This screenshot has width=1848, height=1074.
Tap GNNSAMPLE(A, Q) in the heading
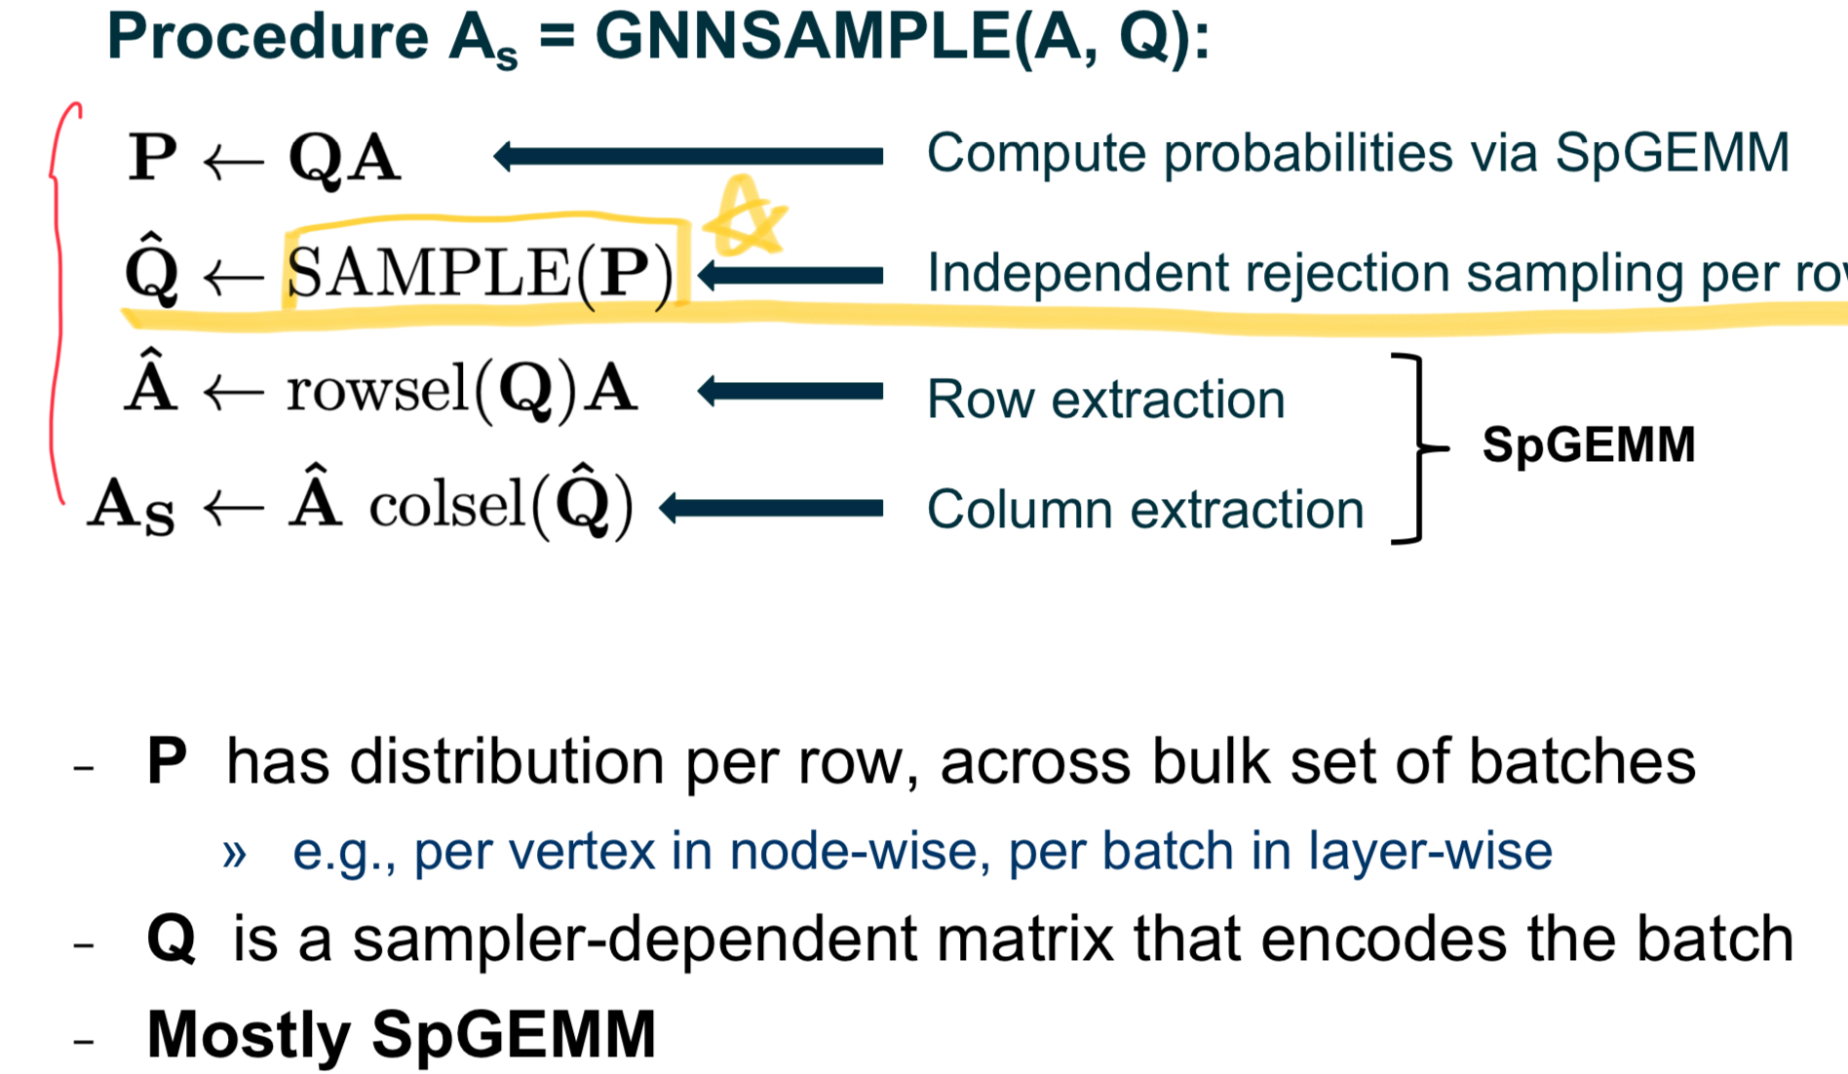pyautogui.click(x=902, y=37)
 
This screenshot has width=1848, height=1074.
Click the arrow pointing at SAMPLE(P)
pyautogui.click(x=790, y=276)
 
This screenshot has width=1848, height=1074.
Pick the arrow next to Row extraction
pyautogui.click(x=790, y=392)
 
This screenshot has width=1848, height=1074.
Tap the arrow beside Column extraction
pyautogui.click(x=771, y=508)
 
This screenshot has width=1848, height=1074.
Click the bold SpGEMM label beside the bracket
pyautogui.click(x=1588, y=445)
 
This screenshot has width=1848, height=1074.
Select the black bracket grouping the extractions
pyautogui.click(x=1413, y=448)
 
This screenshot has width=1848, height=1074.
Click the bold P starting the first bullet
pyautogui.click(x=167, y=761)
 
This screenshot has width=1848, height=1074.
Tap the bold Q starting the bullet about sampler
pyautogui.click(x=172, y=940)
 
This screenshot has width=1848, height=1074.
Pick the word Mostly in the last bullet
pyautogui.click(x=250, y=1034)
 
